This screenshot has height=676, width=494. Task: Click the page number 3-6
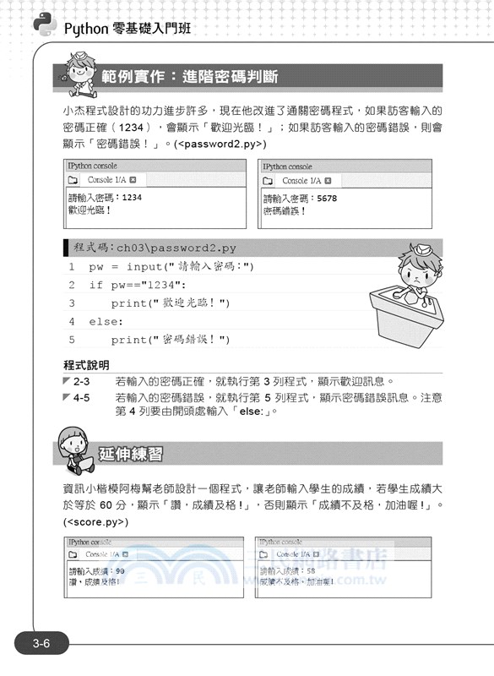[41, 645]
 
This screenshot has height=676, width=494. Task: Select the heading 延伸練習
[131, 454]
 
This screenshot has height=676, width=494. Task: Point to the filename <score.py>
[95, 522]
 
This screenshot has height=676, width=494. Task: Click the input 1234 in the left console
[132, 198]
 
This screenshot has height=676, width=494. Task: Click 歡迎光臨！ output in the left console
[89, 210]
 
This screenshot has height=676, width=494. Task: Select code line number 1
[72, 267]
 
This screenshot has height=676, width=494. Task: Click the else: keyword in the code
[106, 321]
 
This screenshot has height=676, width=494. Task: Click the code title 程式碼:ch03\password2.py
[155, 248]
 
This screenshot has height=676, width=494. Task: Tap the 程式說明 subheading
[86, 365]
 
